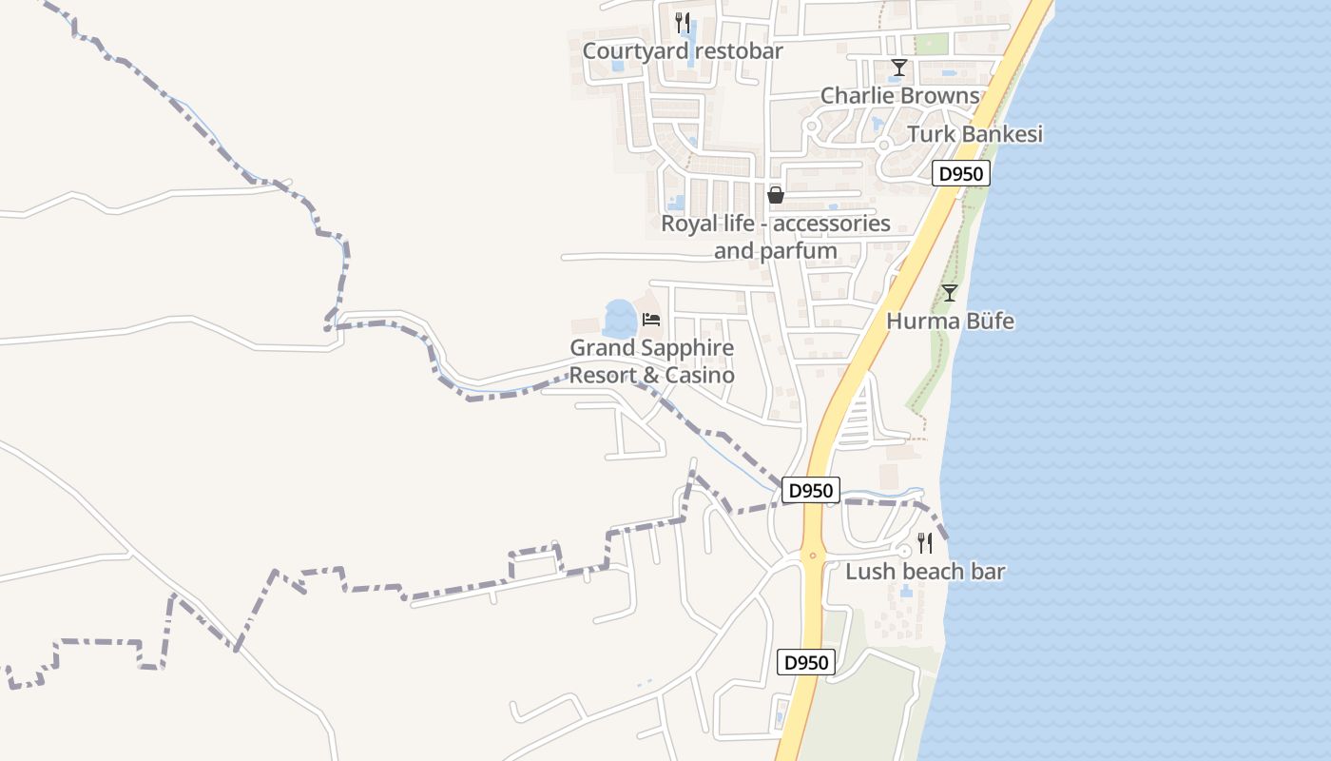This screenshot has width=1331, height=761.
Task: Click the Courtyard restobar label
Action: click(x=683, y=51)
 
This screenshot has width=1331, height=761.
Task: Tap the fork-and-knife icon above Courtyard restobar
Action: click(x=682, y=22)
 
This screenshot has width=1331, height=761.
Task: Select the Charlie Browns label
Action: click(x=899, y=96)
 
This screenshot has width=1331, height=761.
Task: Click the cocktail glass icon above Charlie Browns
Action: click(x=898, y=68)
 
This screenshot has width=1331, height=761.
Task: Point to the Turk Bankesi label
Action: click(x=974, y=134)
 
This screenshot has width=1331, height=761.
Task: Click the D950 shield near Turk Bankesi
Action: click(x=961, y=174)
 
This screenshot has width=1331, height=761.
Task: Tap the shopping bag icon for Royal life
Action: click(x=776, y=195)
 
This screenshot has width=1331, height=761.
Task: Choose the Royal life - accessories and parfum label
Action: click(x=776, y=238)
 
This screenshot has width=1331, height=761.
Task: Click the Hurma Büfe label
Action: click(x=950, y=322)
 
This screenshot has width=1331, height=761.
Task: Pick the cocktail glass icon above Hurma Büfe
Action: click(x=949, y=293)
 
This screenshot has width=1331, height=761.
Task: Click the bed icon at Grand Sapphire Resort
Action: click(x=651, y=320)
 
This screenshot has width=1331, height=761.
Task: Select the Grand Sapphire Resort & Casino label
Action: click(x=652, y=361)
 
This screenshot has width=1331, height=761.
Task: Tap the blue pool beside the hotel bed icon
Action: click(x=620, y=319)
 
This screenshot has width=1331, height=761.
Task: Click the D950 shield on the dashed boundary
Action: click(x=811, y=491)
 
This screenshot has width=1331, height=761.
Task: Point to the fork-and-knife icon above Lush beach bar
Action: click(x=924, y=543)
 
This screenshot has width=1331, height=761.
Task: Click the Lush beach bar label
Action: click(x=925, y=572)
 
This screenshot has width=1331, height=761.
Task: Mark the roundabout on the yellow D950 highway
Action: click(x=812, y=555)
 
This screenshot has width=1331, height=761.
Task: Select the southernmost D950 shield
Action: click(x=806, y=663)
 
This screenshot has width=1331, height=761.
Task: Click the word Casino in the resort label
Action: click(x=699, y=376)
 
